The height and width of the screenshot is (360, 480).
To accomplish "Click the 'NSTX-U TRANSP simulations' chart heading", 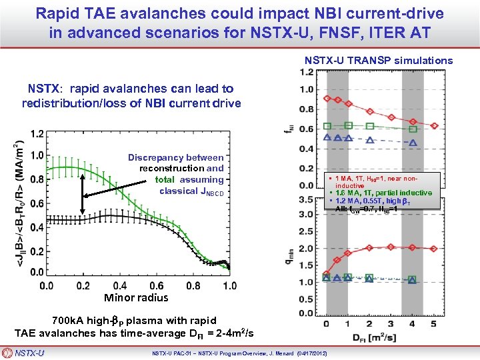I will point(379,61).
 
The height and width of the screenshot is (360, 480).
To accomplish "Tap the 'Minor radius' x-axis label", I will point(136,298).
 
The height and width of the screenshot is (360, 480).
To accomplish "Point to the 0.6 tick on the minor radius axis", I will point(156,285).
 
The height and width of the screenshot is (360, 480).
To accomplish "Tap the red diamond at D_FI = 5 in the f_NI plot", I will point(434,125).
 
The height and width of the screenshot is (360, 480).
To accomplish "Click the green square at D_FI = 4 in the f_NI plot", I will point(413,129).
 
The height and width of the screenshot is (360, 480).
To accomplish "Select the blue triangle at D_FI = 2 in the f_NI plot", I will point(369,138).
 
